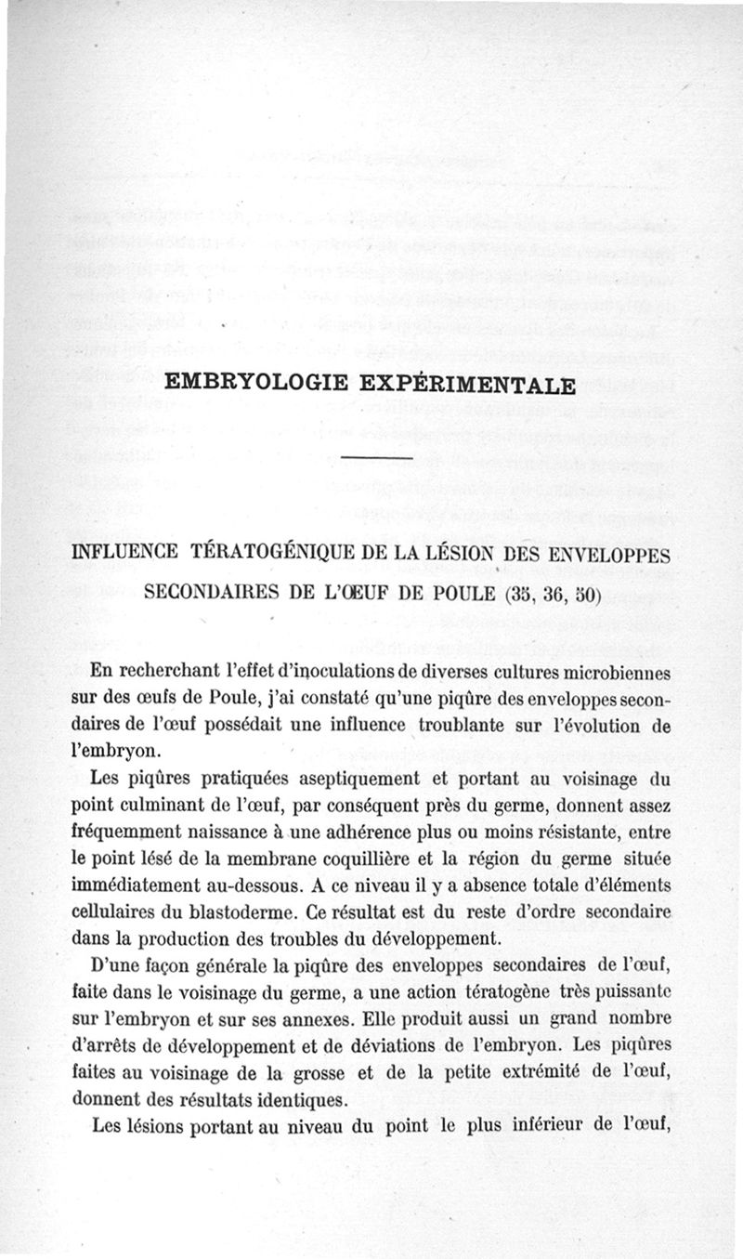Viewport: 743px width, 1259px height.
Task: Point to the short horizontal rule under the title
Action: click(x=376, y=458)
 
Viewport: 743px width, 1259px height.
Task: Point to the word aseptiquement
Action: click(x=346, y=779)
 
